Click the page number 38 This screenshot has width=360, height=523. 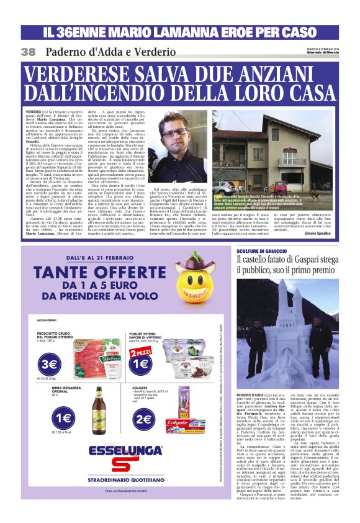pyautogui.click(x=28, y=52)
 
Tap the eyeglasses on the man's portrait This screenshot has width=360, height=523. pyautogui.click(x=175, y=132)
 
